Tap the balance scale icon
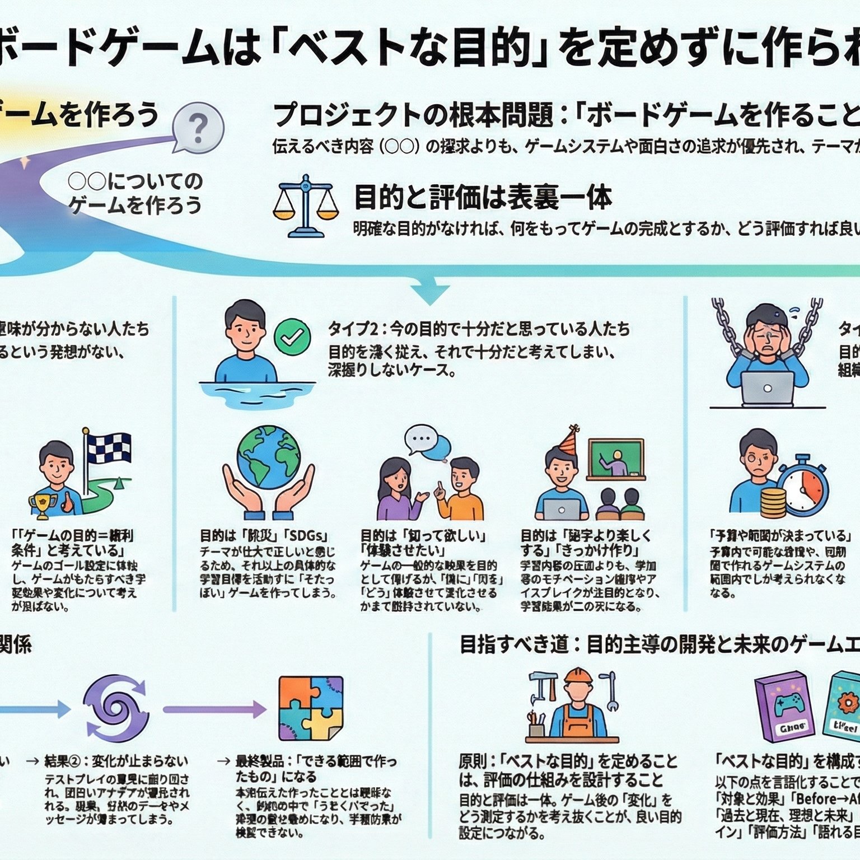click(x=305, y=205)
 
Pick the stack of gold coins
click(x=773, y=502)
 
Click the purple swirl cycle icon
click(x=116, y=709)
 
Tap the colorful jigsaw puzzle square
click(x=311, y=709)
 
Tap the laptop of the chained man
click(x=768, y=388)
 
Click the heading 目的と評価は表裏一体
click(x=483, y=197)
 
